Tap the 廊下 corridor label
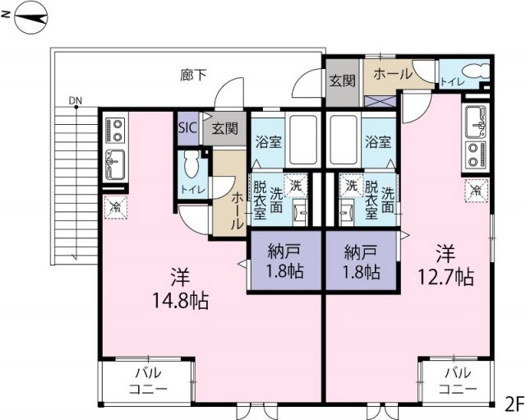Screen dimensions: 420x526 click(x=194, y=76)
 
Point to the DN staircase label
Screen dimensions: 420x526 click(x=76, y=102)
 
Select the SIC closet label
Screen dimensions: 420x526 click(x=187, y=128)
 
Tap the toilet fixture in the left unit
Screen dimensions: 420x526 click(x=193, y=167)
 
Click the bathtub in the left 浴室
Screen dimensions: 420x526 click(x=305, y=139)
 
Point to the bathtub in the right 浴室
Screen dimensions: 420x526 click(x=340, y=139)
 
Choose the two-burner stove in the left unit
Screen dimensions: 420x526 click(x=115, y=130)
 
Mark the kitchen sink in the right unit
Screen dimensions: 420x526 click(x=476, y=122)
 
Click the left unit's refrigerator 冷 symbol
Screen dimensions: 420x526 click(x=115, y=206)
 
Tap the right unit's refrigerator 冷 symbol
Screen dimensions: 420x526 click(x=475, y=191)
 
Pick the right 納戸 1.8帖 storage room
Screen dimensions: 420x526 click(x=362, y=261)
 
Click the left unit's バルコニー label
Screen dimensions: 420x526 click(x=148, y=380)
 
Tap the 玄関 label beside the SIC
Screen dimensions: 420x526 click(x=224, y=128)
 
